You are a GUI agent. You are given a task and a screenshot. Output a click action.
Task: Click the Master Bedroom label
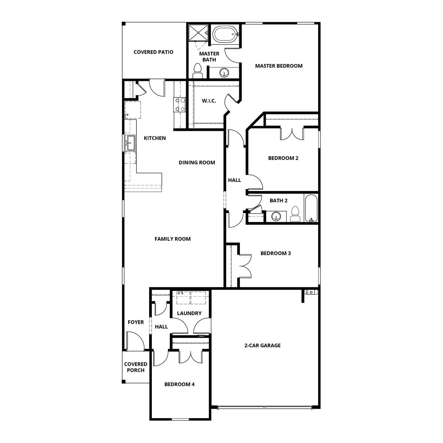[x=279, y=66]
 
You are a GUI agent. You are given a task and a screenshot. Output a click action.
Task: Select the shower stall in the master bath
[x=199, y=33]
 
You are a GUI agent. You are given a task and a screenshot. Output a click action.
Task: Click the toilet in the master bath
[x=197, y=71]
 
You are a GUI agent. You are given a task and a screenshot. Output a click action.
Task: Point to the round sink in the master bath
[x=224, y=72]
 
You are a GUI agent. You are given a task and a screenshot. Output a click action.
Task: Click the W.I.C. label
[x=209, y=101]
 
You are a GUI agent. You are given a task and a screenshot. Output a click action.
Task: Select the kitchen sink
[x=130, y=143]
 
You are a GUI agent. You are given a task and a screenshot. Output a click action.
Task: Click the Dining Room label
[x=197, y=162]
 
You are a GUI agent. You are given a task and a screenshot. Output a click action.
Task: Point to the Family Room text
[x=172, y=239]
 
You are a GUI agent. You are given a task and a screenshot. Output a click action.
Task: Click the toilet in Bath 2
[x=295, y=214]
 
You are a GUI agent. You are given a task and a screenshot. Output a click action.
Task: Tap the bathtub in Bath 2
[x=311, y=208]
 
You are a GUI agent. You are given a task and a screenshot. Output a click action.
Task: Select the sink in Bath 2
[x=276, y=216]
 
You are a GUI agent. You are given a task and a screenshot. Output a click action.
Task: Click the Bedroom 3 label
[x=276, y=253]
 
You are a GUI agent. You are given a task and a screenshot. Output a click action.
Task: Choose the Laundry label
[x=189, y=313]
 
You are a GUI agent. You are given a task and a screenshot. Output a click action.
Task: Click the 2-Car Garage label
[x=263, y=345]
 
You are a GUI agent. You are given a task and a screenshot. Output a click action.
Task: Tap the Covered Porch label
[x=136, y=367]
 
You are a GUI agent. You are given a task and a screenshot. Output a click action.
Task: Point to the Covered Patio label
[x=154, y=52]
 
